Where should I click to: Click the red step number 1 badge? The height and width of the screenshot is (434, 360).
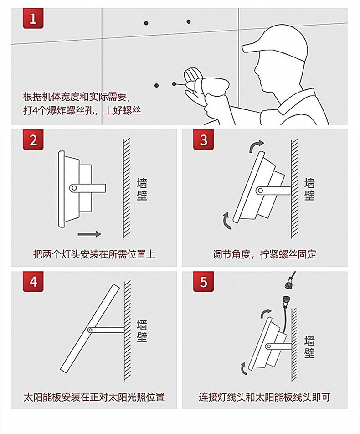(33, 18)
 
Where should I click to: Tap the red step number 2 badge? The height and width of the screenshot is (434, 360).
(33, 140)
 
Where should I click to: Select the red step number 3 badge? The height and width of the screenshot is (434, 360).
(203, 140)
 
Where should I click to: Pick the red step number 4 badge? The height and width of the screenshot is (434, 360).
(33, 282)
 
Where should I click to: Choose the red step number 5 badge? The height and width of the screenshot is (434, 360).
(203, 282)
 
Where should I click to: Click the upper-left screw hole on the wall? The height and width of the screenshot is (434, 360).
(146, 23)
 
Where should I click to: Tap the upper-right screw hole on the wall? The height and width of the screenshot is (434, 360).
(189, 21)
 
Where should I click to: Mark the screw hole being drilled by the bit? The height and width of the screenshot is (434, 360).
(174, 83)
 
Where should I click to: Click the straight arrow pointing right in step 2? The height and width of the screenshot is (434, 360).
(89, 234)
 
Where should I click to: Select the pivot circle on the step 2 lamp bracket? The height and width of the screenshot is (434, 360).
(74, 188)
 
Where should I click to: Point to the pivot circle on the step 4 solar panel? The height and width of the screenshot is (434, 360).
(90, 330)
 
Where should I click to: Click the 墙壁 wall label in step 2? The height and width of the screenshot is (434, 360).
(142, 189)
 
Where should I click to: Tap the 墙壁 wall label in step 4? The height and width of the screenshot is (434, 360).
(142, 331)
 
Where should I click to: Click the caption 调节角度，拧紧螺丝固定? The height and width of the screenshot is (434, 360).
(265, 254)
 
